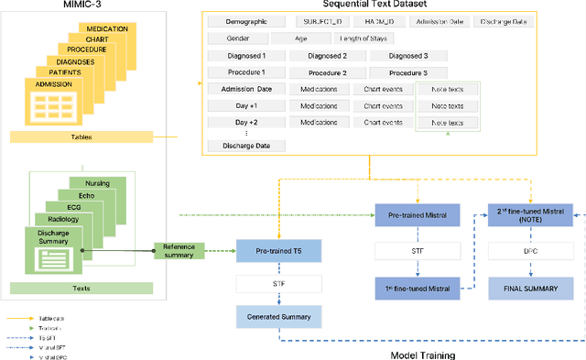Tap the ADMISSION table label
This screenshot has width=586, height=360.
(x=53, y=84)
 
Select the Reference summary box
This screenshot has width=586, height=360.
(x=179, y=251)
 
